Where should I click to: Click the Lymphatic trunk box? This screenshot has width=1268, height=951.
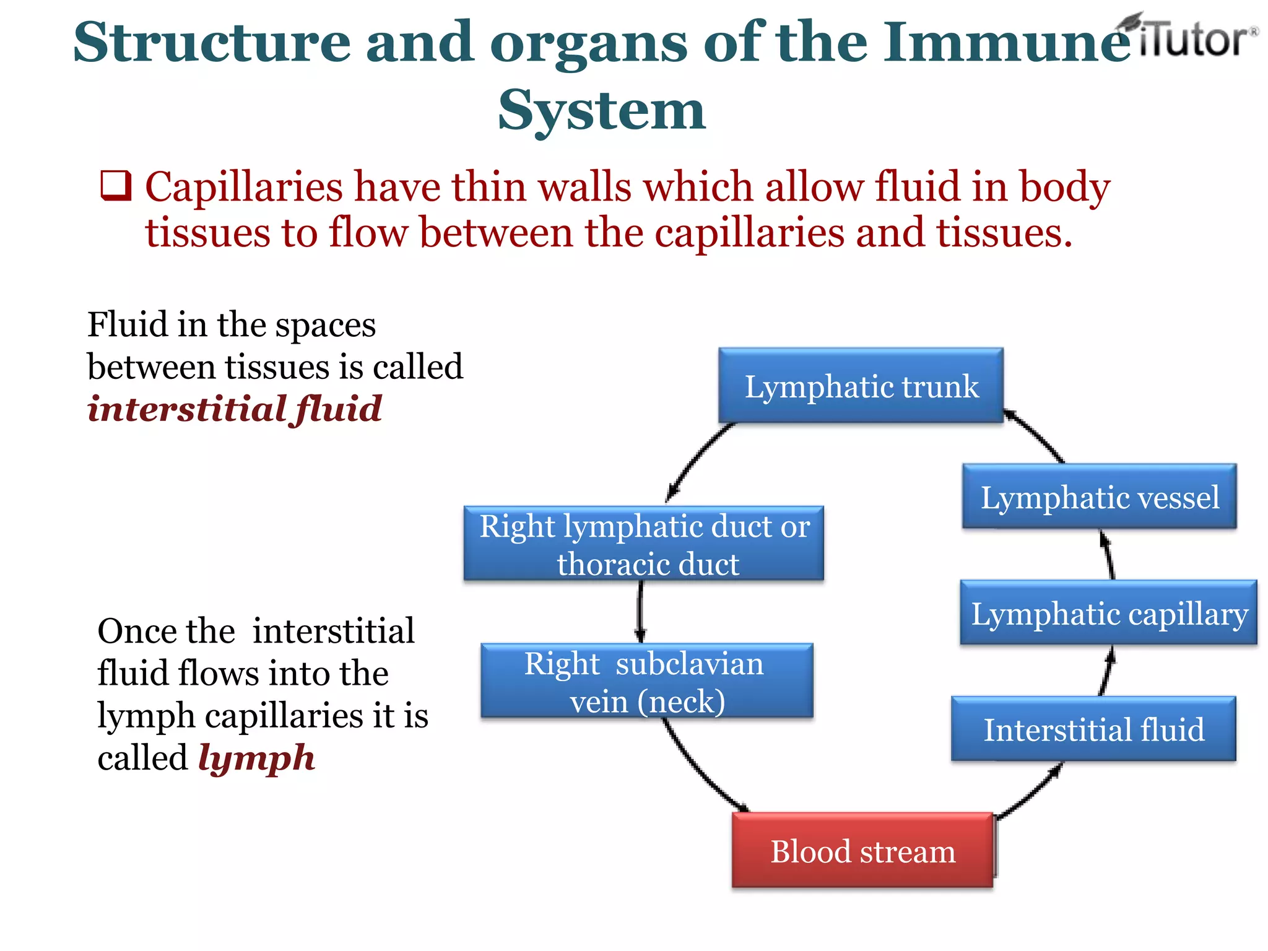click(861, 386)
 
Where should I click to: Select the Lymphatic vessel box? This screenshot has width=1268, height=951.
click(1100, 497)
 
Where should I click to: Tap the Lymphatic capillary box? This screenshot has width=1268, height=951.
click(1108, 613)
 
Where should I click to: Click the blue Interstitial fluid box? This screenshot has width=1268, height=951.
click(1093, 729)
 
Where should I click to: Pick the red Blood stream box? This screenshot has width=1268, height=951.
click(862, 850)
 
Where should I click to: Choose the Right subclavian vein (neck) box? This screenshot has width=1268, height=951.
click(647, 681)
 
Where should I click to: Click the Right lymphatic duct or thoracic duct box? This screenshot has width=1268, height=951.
click(644, 544)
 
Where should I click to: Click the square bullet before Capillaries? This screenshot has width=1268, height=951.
click(116, 186)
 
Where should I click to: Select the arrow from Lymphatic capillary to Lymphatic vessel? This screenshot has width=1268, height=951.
click(1108, 554)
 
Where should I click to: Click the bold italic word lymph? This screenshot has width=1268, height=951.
click(256, 758)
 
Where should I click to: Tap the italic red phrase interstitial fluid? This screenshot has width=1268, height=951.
click(234, 409)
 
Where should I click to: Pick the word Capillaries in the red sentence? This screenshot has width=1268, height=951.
click(244, 187)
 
